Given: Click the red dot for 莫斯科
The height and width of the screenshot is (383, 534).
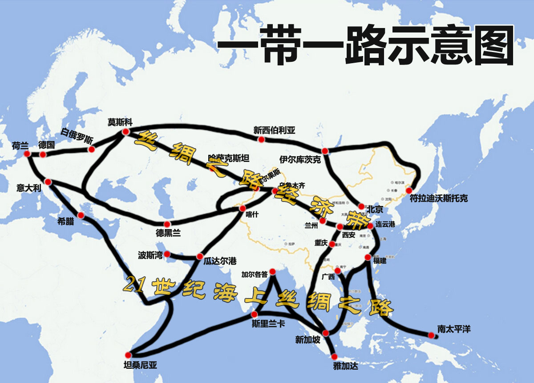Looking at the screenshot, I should pos(125,132).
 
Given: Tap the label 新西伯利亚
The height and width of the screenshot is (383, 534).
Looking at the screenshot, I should pos(274,130).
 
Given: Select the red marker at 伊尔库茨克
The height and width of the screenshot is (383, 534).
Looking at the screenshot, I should pos(325,151).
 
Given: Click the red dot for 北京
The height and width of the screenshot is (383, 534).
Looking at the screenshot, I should pos(361,206).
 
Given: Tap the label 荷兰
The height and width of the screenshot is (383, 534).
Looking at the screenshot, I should pos(20,145).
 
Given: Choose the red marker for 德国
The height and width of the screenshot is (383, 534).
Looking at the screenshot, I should pos(43,154).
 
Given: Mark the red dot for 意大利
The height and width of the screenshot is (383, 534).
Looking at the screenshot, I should pos(48,182).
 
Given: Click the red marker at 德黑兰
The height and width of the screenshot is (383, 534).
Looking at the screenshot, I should pos(167,224).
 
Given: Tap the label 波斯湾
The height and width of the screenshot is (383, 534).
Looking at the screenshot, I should pos(150,255).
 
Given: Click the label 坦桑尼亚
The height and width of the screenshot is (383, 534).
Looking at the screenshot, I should pos(140,366).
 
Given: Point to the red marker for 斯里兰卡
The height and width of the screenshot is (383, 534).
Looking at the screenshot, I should pos(255,314).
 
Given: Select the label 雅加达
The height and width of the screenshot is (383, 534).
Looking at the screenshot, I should pos(345,367).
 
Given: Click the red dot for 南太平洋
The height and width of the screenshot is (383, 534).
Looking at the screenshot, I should pos(431,335).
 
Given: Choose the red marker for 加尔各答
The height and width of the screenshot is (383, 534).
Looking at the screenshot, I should pos(272,272).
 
